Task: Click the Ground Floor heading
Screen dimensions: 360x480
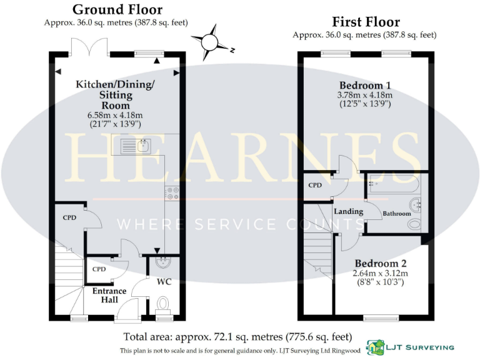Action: point(117,9)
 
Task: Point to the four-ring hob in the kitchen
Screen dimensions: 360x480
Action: point(172,194)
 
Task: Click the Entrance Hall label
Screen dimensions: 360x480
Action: point(109,295)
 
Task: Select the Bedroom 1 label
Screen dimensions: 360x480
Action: point(365,85)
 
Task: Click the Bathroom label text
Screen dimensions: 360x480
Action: point(397,213)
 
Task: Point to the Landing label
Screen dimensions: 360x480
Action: point(348,211)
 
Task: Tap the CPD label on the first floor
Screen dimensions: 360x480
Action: point(315,185)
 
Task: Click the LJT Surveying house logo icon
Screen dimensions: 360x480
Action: point(375,346)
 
